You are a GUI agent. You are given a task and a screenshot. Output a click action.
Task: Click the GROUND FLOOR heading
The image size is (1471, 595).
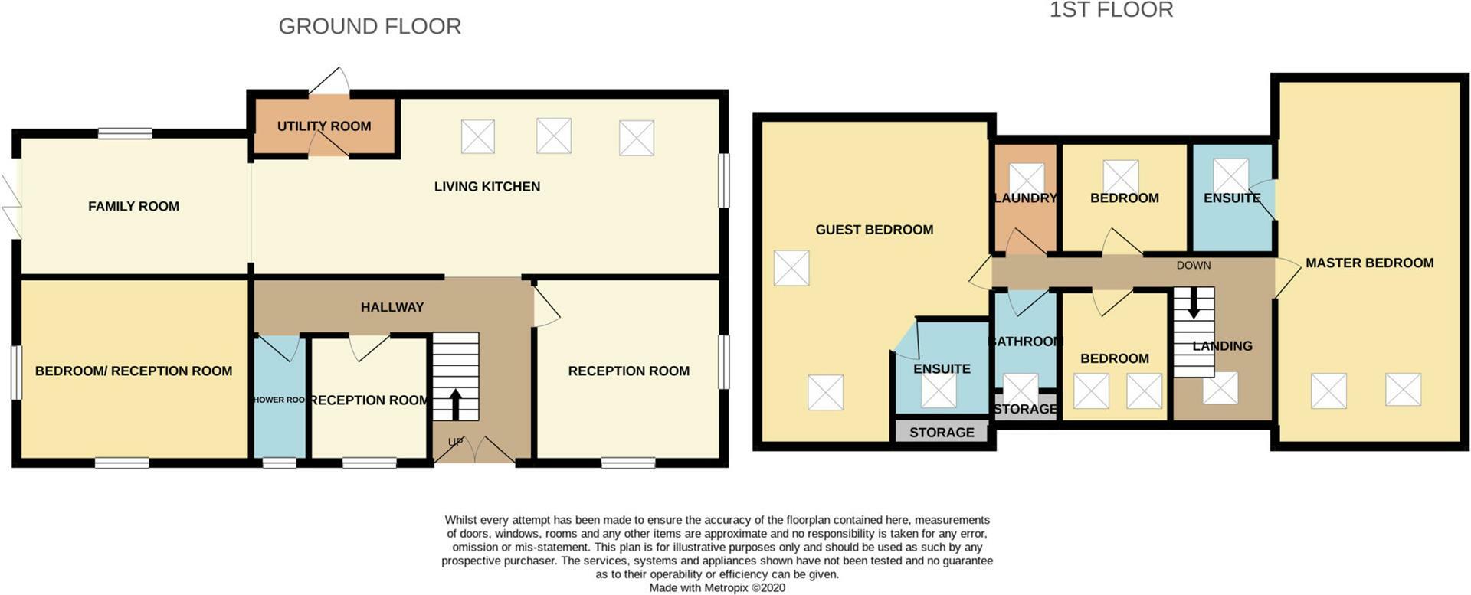pyautogui.click(x=369, y=26)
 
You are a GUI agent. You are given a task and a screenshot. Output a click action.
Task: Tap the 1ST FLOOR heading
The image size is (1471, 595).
pyautogui.click(x=1110, y=10)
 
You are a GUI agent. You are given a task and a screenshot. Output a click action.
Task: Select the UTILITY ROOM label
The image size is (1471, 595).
pyautogui.click(x=323, y=126)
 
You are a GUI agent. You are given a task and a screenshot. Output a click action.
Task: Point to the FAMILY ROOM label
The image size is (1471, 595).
pyautogui.click(x=133, y=206)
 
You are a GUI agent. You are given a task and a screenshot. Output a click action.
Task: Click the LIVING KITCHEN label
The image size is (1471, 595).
pyautogui.click(x=487, y=186)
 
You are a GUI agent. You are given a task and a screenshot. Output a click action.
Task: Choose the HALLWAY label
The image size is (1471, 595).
pyautogui.click(x=392, y=307)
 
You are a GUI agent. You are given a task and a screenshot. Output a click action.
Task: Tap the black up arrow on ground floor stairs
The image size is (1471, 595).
pyautogui.click(x=455, y=404)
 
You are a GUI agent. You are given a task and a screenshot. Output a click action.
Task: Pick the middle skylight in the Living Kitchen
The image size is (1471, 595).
pyautogui.click(x=553, y=136)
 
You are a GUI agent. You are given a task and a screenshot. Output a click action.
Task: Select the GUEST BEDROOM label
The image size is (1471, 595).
pyautogui.click(x=873, y=230)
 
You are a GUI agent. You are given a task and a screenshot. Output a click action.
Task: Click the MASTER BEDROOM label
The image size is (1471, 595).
pyautogui.click(x=1369, y=263)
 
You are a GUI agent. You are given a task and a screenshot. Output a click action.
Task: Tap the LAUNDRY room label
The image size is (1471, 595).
pyautogui.click(x=1025, y=198)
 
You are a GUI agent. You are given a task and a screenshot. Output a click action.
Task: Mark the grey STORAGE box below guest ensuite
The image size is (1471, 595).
pyautogui.click(x=942, y=432)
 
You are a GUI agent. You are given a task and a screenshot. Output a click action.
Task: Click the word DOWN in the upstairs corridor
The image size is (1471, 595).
pyautogui.click(x=1193, y=265)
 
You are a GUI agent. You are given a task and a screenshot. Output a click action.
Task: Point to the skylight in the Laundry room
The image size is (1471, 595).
pyautogui.click(x=1026, y=178)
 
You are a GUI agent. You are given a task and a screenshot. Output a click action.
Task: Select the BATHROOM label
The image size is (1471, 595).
pyautogui.click(x=1025, y=341)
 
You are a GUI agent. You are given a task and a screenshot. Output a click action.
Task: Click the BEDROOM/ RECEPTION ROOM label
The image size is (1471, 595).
pyautogui.click(x=133, y=371)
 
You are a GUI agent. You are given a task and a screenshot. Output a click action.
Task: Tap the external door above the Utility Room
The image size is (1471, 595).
pyautogui.click(x=329, y=82)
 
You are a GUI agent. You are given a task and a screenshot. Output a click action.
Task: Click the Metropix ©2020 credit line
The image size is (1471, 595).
pyautogui.click(x=716, y=588)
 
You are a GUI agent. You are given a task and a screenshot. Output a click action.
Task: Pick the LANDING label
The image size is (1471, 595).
pyautogui.click(x=1222, y=346)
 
